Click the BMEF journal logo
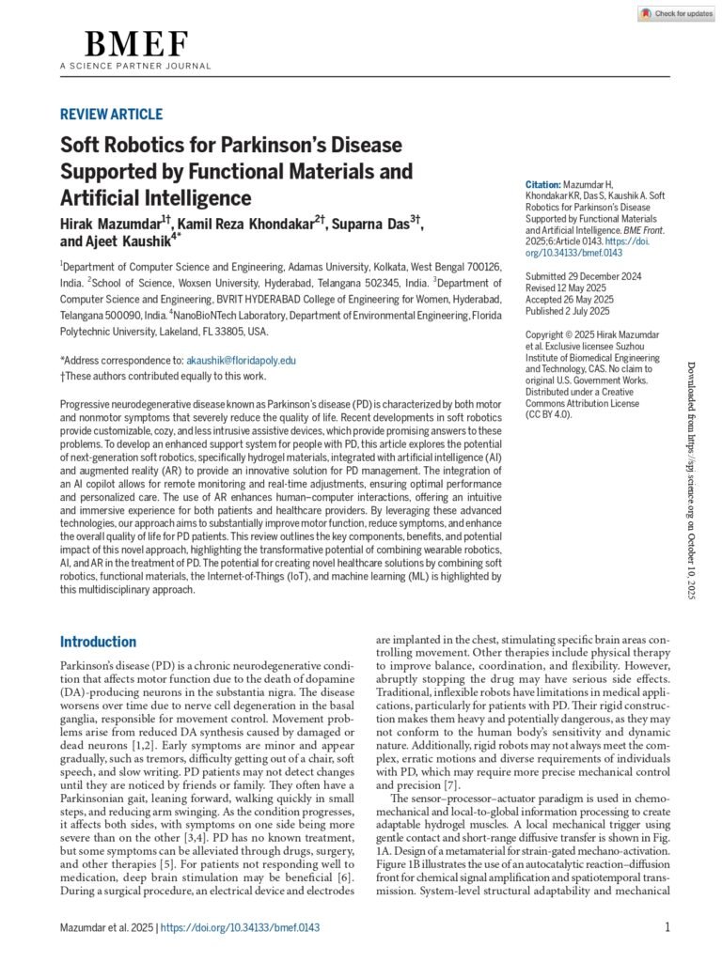[x=136, y=44]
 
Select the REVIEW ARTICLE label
[x=111, y=115]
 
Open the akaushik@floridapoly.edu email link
[x=241, y=360]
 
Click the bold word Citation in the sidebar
[x=542, y=185]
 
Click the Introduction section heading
[x=98, y=642]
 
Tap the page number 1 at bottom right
[x=667, y=927]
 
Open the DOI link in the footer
[x=241, y=927]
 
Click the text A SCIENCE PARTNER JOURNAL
[x=135, y=66]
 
